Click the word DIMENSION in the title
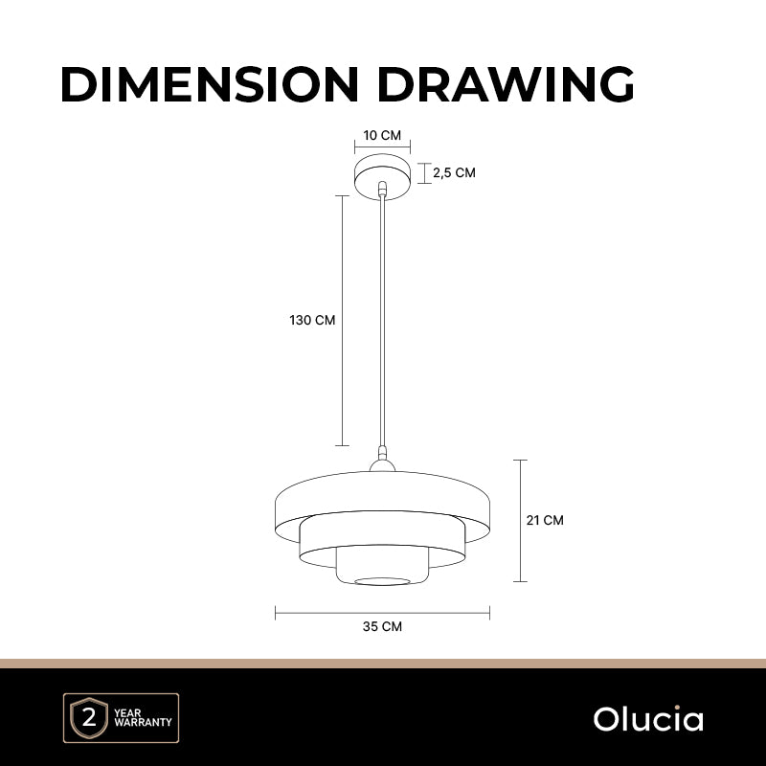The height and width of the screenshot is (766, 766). pos(210,84)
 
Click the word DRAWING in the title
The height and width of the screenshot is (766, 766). pos(507,84)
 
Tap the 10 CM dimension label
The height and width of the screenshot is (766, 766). pos(382,135)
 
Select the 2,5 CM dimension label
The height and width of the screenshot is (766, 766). pos(454,173)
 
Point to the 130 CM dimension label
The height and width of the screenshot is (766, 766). pos(312,320)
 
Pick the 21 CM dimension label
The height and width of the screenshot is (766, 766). pos(545,520)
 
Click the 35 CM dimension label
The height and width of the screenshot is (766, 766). pos(382,626)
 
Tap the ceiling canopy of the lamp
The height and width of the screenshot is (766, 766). pos(382,176)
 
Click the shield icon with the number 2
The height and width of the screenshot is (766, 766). pos(89,718)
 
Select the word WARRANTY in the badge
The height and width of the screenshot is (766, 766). pos(143,722)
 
